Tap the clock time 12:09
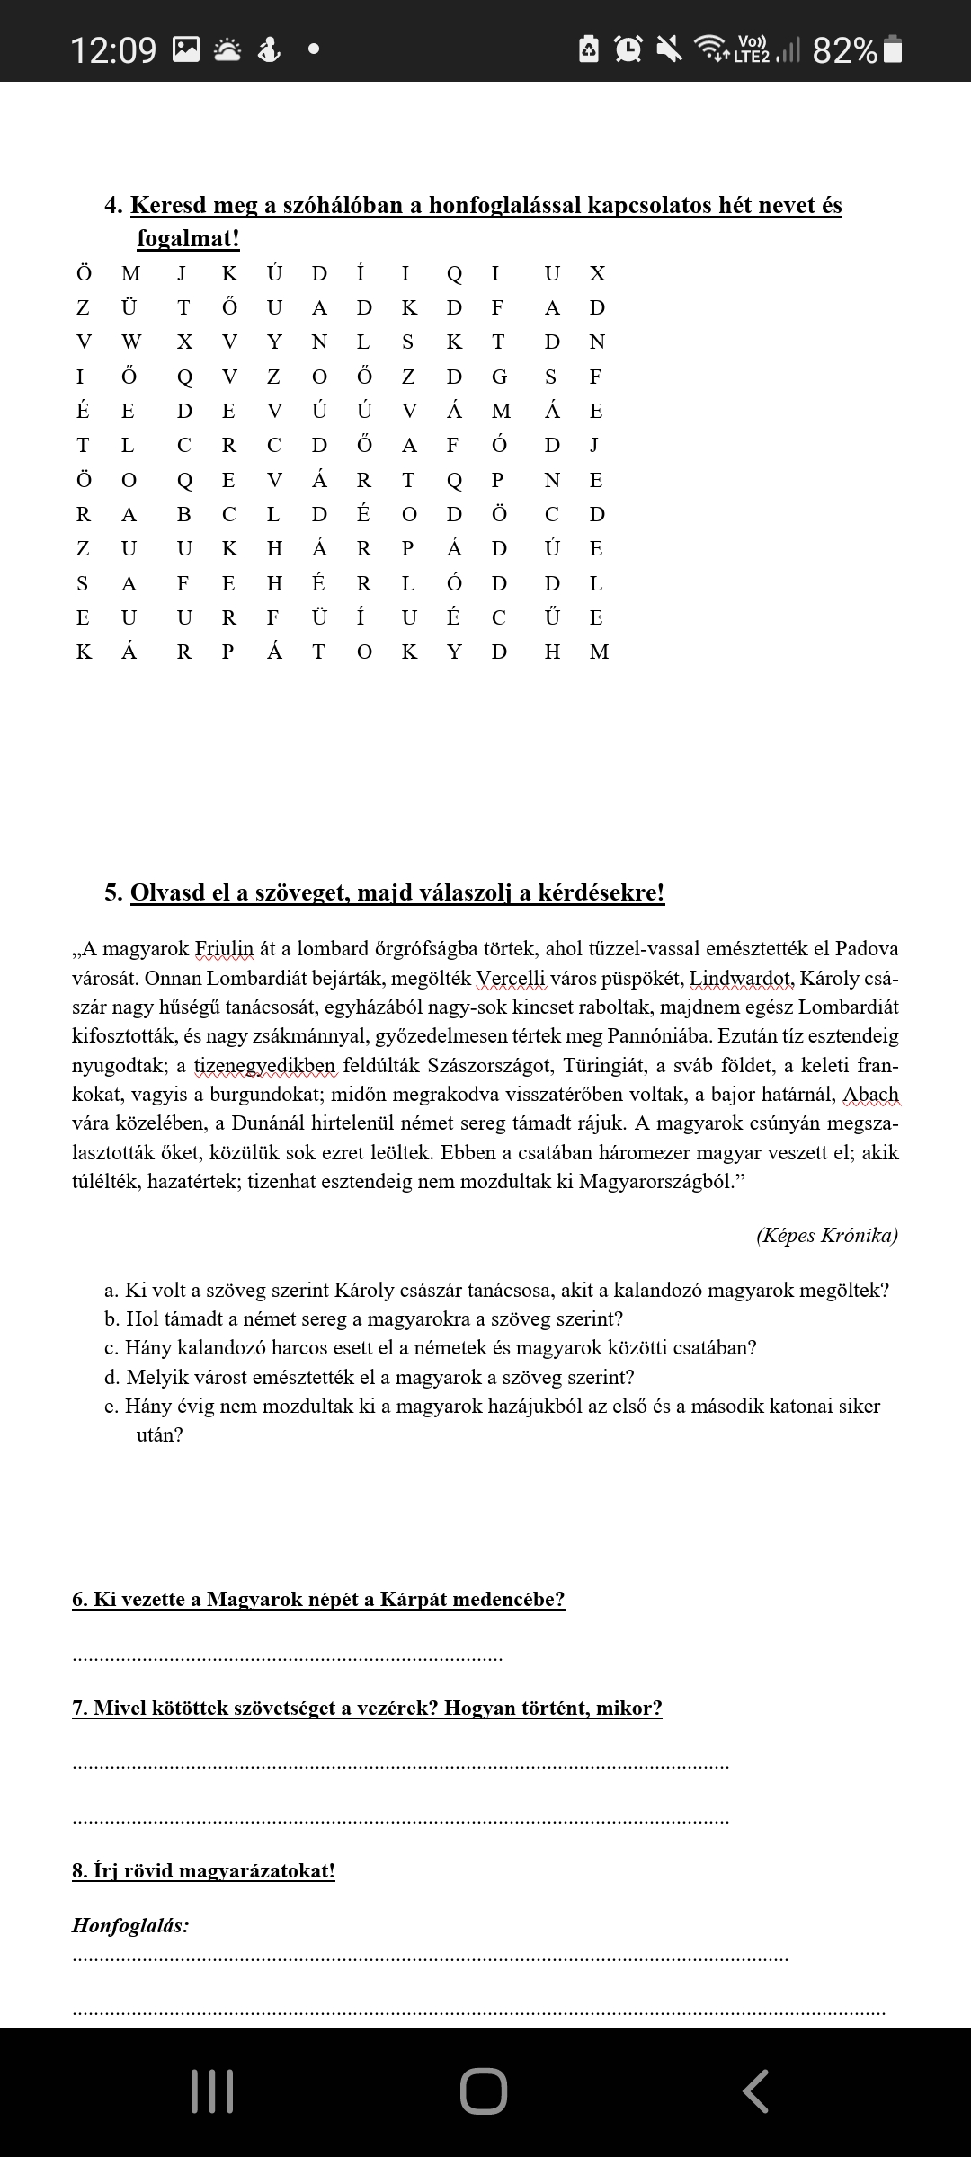pyautogui.click(x=113, y=49)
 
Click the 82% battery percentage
pyautogui.click(x=844, y=50)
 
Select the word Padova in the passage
pyautogui.click(x=866, y=949)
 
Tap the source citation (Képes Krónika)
pyautogui.click(x=826, y=1235)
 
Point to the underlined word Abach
pyautogui.click(x=870, y=1095)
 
